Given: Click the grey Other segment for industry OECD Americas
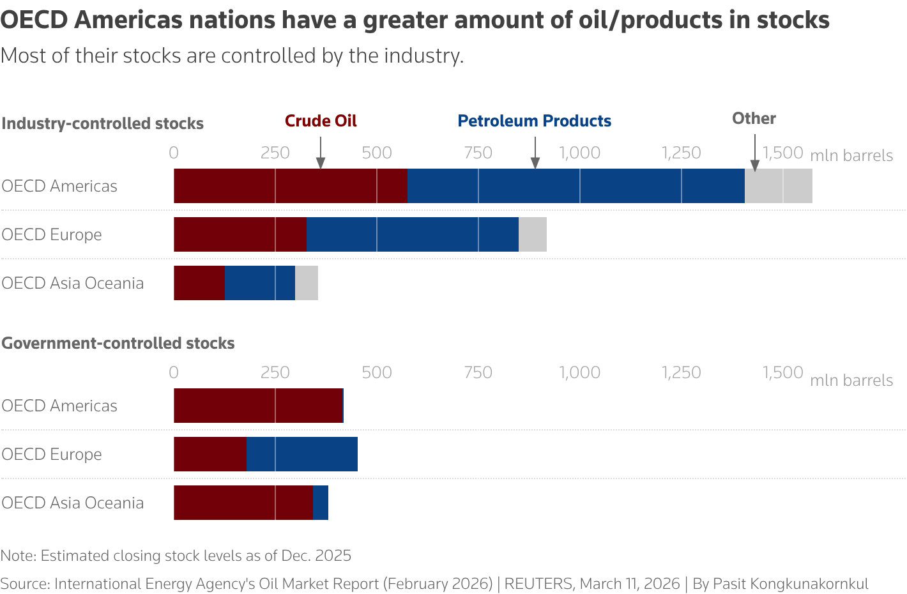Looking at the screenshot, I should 778,186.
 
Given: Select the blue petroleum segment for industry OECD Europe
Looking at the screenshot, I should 412,234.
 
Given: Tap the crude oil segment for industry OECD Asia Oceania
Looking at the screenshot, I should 199,283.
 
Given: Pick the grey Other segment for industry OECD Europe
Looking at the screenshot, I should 532,234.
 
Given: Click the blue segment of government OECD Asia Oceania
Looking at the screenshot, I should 321,503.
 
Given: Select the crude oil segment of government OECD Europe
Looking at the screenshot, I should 210,454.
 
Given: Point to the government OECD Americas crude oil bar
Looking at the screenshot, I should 258,406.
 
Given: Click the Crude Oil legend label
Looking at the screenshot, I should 321,121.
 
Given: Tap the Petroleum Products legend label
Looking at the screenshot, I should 534,121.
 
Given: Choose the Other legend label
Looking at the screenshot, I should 754,118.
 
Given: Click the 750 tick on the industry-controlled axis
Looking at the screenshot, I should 478,153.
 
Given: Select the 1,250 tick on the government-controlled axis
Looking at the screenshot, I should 681,372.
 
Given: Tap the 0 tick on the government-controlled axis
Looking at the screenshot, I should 174,372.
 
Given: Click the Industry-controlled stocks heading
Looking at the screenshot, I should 102,123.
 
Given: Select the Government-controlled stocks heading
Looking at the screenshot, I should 118,343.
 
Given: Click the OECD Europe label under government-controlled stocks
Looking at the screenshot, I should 52,454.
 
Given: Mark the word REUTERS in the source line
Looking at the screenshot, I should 538,584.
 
